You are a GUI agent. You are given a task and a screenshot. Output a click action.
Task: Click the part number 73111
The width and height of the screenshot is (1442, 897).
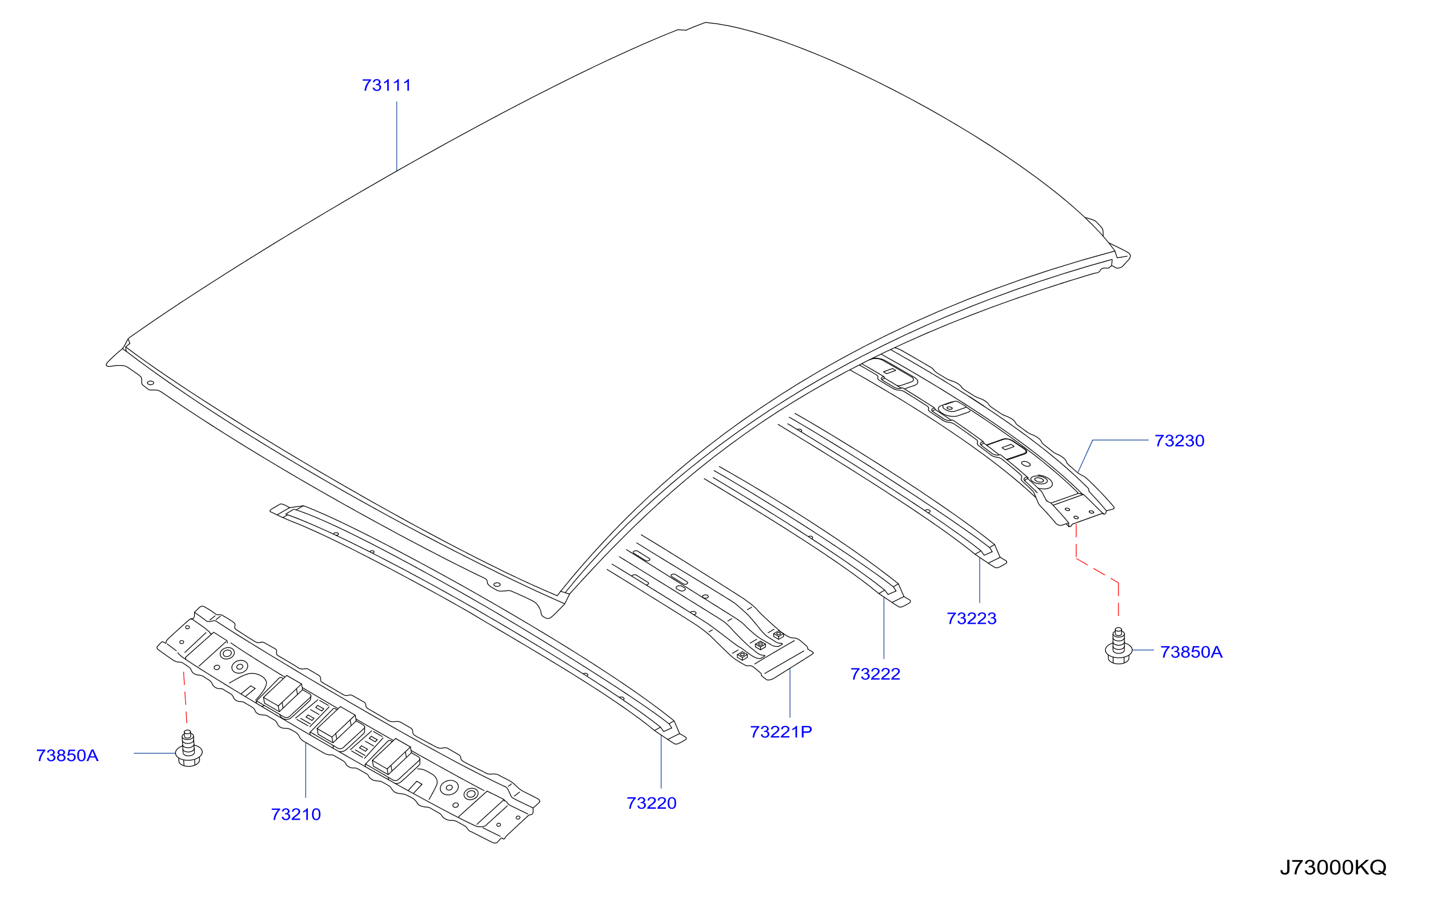387,85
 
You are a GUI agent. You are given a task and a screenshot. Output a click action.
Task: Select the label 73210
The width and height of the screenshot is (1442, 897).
296,814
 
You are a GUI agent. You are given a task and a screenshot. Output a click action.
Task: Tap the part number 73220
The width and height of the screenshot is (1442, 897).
651,803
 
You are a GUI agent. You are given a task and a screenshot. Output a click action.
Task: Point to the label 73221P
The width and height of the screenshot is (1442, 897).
781,731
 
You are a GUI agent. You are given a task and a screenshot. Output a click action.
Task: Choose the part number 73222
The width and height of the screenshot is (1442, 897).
875,673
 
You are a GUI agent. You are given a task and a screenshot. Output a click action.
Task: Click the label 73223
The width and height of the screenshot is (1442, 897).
971,618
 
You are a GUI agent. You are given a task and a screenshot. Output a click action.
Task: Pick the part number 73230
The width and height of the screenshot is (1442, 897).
1179,440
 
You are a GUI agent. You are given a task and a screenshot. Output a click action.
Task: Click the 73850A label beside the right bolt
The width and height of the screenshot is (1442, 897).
1191,652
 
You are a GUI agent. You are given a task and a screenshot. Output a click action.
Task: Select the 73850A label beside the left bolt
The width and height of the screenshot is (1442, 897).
67,755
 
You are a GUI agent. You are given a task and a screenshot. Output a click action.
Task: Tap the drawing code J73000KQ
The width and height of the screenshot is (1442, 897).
1333,867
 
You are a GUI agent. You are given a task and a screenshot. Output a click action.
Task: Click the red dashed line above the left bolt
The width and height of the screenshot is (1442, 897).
185,697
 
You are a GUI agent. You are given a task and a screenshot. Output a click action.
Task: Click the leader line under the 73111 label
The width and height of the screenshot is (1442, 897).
397,137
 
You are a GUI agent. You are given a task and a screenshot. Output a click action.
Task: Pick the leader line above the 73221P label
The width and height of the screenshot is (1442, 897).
790,693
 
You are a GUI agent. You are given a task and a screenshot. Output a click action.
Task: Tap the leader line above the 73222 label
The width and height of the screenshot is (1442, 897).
884,628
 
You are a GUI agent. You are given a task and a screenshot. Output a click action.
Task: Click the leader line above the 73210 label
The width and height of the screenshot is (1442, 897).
306,770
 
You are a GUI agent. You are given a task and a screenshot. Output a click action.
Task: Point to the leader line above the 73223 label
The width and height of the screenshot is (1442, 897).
980,580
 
